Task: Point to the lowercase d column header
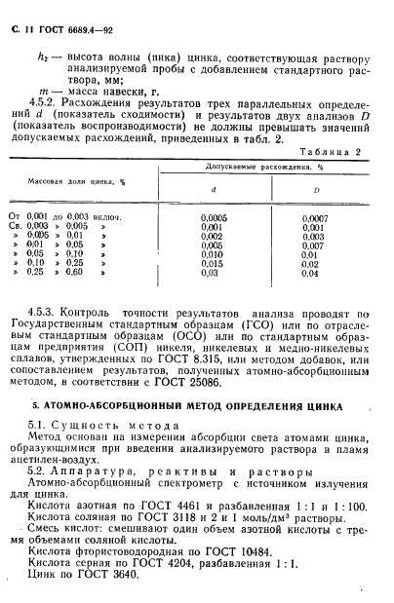(x=215, y=191)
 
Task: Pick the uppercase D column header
(x=315, y=191)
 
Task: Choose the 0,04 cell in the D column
(x=310, y=273)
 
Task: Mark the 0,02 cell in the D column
(x=310, y=263)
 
